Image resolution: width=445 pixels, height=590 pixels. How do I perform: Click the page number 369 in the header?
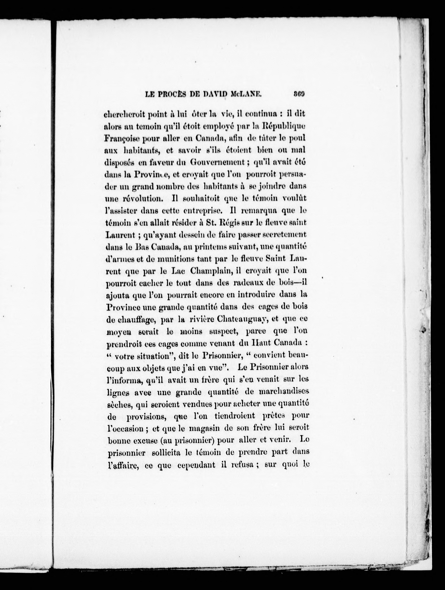(x=299, y=94)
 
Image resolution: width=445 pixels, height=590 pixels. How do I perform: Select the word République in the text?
(x=283, y=126)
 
